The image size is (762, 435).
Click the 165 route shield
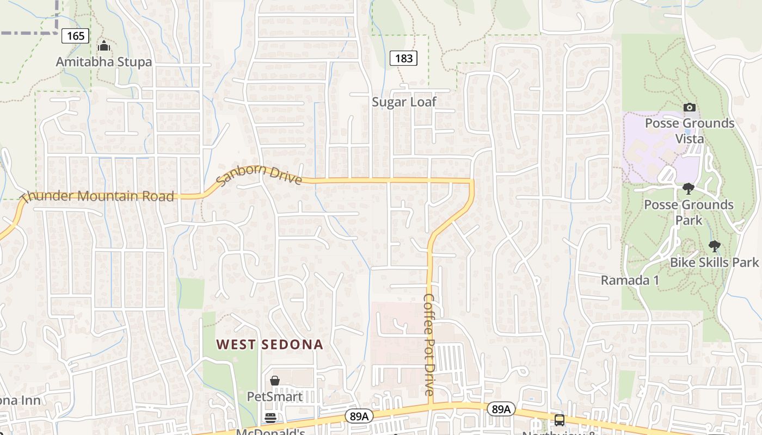click(76, 36)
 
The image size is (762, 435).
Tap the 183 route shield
click(403, 58)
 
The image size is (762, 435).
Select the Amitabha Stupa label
click(104, 62)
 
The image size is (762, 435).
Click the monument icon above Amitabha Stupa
click(104, 46)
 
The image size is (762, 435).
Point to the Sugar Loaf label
click(404, 102)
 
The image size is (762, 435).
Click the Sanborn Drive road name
click(259, 174)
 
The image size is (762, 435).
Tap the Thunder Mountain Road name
click(99, 196)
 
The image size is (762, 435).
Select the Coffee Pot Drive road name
click(429, 345)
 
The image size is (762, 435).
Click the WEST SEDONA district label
click(270, 344)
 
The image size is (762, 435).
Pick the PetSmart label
click(275, 396)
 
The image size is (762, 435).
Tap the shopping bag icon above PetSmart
click(275, 381)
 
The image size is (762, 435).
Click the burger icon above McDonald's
click(270, 418)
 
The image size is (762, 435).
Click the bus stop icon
click(559, 420)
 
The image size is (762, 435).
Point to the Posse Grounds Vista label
click(690, 130)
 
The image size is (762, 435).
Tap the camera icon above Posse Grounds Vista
click(689, 107)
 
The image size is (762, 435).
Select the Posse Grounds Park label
click(689, 212)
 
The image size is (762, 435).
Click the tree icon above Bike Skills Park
click(714, 246)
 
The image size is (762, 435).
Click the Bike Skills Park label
click(714, 262)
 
